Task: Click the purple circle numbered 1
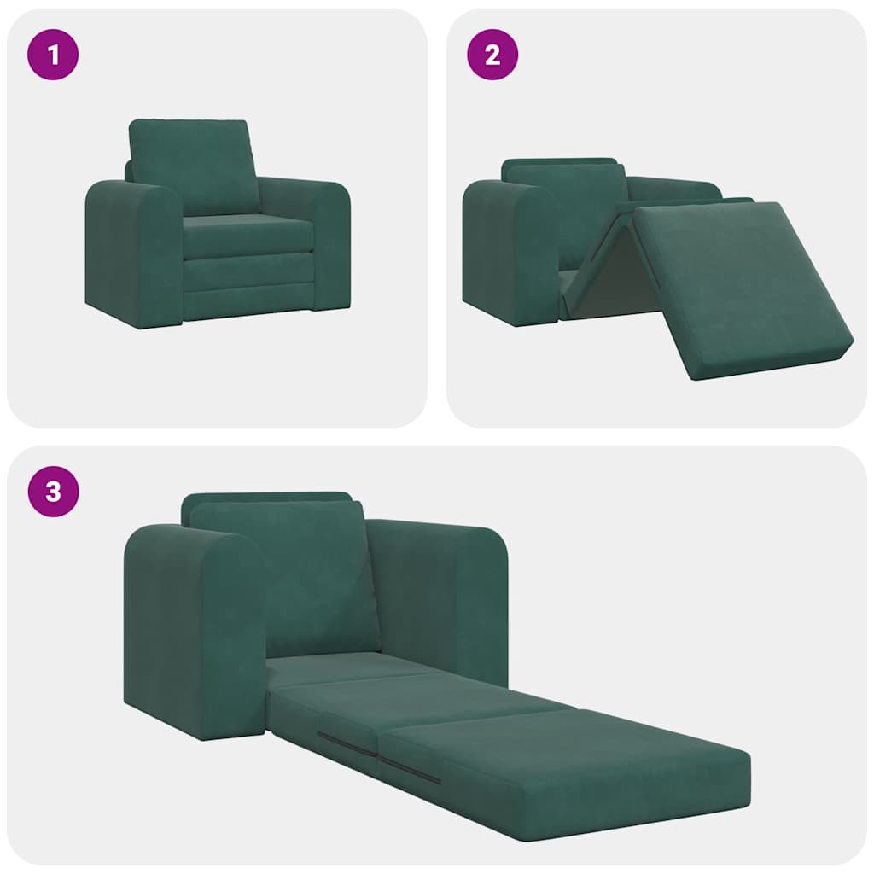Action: pos(53,55)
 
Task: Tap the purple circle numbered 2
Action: pos(492,55)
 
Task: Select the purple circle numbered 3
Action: pos(53,492)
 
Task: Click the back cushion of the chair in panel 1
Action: pos(194,166)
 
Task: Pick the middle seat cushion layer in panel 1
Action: pos(248,271)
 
